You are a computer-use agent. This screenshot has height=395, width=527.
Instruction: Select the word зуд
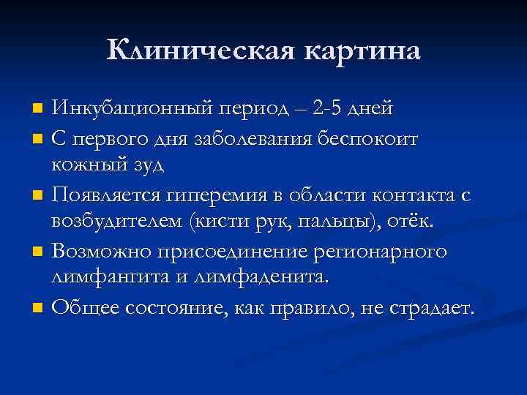pyautogui.click(x=144, y=164)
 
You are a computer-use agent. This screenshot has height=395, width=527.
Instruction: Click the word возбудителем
pyautogui.click(x=116, y=222)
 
